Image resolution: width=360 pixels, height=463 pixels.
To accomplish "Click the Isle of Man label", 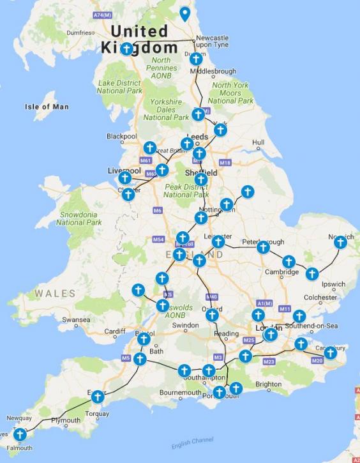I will pos(47,107).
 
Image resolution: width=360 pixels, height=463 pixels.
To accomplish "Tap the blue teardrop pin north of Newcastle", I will pos(185,13).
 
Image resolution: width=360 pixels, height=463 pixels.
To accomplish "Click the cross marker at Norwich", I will pos(340,242).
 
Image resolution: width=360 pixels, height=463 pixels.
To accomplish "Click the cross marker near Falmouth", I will pos(20,434).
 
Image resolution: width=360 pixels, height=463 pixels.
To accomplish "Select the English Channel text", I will pos(193,443).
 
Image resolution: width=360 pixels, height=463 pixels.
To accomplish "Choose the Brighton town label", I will pos(269,384).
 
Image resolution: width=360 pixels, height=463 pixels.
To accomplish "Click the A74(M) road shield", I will pos(102,14).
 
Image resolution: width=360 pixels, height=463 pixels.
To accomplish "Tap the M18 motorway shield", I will pos(225,163).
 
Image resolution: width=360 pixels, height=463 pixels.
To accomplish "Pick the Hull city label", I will pos(259,142).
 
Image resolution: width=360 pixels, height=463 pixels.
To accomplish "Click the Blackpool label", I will pos(121,136).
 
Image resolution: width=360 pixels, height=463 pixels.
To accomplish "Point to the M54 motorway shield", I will pos(159,239).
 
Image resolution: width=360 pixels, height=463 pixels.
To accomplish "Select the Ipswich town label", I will pos(333,284).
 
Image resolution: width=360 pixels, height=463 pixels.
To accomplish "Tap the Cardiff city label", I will pos(116,331).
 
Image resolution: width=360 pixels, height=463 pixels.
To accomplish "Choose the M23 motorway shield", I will pos(268,361).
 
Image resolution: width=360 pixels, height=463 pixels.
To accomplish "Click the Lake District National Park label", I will pos(120,87).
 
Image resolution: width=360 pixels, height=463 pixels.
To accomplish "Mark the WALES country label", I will pos(55,294).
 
